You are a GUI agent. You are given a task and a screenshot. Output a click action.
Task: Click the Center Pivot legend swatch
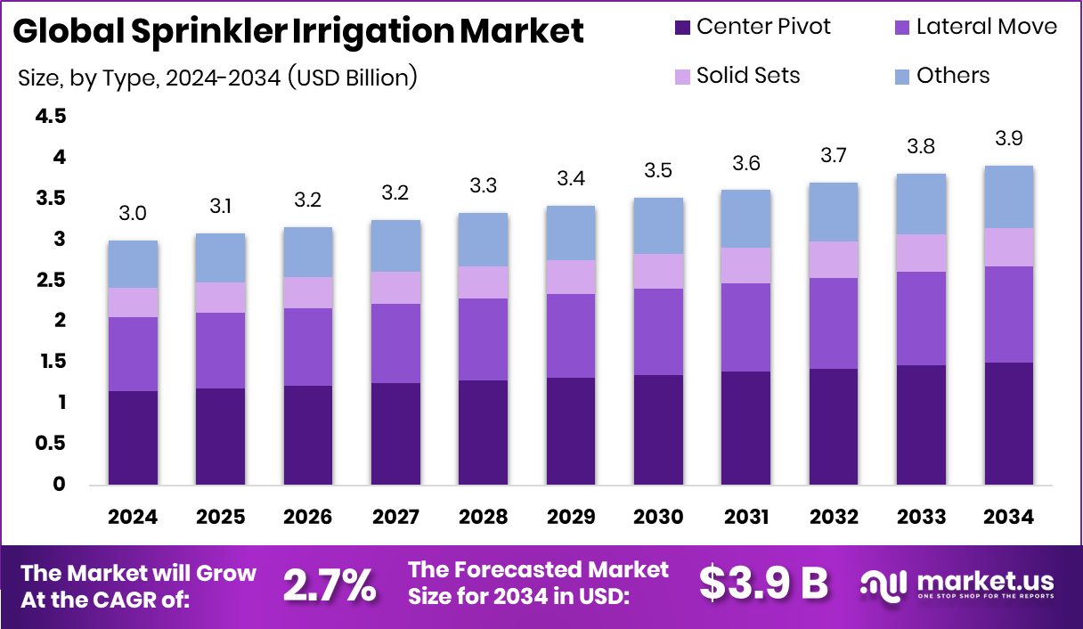point(683,28)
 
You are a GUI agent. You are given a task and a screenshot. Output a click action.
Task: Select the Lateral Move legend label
point(987,27)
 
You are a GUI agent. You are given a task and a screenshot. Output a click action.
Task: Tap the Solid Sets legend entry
point(748,76)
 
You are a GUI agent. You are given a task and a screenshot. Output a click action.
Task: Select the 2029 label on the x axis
point(571,518)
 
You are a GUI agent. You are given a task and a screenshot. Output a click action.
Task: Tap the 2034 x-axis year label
point(1008,518)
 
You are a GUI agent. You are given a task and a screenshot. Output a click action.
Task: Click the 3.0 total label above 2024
point(134,214)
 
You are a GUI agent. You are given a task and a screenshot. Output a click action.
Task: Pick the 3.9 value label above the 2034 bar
point(1008,139)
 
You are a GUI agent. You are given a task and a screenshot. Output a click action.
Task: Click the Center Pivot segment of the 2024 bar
point(134,437)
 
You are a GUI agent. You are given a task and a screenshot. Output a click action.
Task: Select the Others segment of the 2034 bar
point(1008,197)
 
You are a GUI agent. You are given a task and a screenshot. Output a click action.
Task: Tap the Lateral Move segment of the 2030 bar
point(658,331)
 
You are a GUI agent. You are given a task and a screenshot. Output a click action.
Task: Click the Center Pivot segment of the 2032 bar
point(833,427)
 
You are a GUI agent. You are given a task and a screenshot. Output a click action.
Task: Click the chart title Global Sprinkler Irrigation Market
point(299,32)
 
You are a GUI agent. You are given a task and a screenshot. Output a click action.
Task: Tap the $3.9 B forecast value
point(763,584)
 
